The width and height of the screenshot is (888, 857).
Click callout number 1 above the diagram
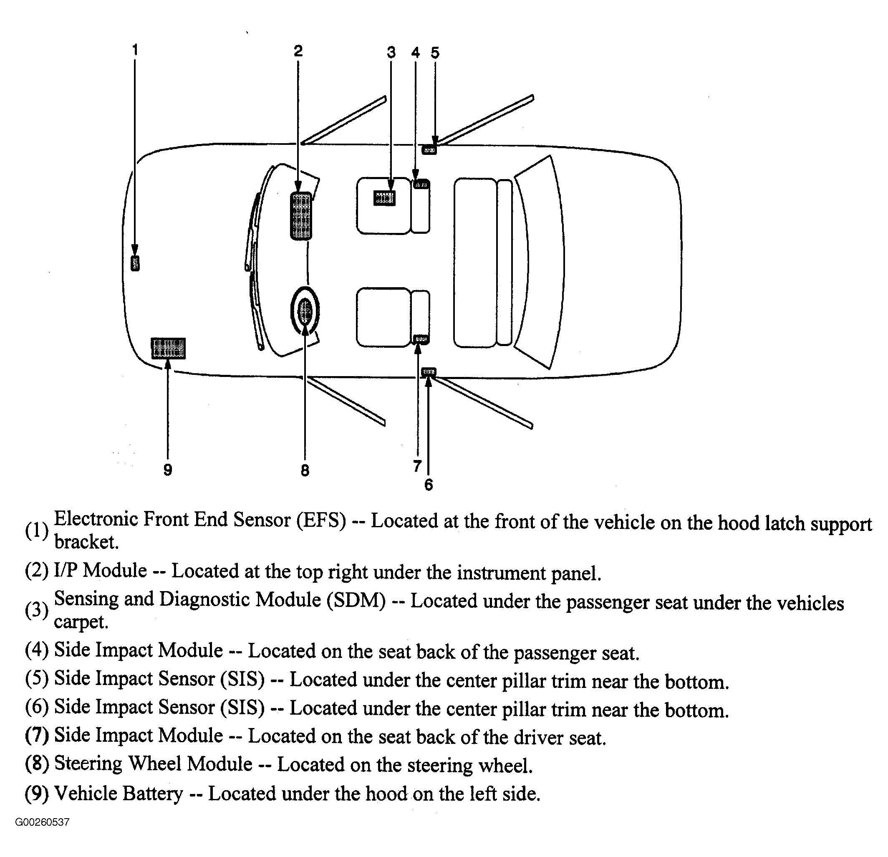pyautogui.click(x=134, y=49)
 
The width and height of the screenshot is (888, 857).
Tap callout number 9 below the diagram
pyautogui.click(x=168, y=470)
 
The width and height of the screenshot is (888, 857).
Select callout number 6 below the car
pyautogui.click(x=429, y=485)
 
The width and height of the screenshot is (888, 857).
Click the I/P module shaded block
pyautogui.click(x=301, y=216)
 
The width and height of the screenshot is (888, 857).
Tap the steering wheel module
pyautogui.click(x=305, y=311)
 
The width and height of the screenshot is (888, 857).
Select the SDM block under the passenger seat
pyautogui.click(x=384, y=198)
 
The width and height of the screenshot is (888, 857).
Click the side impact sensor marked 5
pyautogui.click(x=429, y=149)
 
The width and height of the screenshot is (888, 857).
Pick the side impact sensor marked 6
pyautogui.click(x=429, y=372)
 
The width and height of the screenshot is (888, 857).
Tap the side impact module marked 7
pyautogui.click(x=421, y=339)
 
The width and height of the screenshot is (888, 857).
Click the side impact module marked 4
pyautogui.click(x=421, y=185)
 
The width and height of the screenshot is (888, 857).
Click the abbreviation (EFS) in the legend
pyautogui.click(x=321, y=520)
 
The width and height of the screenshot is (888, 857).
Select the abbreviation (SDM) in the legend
pyautogui.click(x=353, y=601)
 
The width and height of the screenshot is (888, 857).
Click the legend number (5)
pyautogui.click(x=37, y=678)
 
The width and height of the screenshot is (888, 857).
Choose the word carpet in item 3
pyautogui.click(x=81, y=622)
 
